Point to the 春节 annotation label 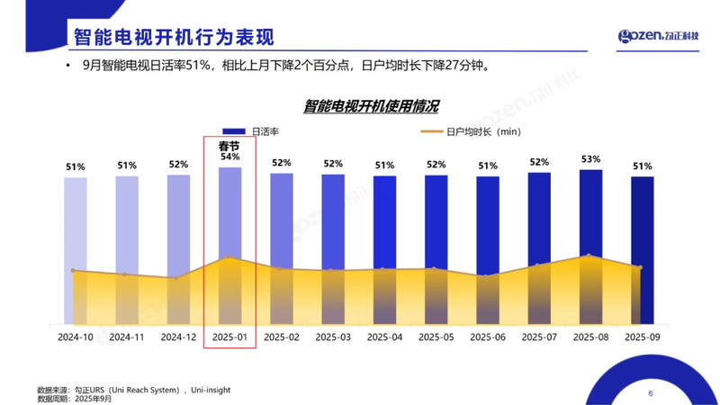pyautogui.click(x=229, y=144)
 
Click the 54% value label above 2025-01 pyautogui.click(x=229, y=157)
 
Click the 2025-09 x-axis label pyautogui.click(x=642, y=337)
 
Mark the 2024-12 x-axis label pyautogui.click(x=178, y=337)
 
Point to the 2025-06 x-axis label pyautogui.click(x=488, y=337)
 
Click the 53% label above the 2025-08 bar pyautogui.click(x=590, y=159)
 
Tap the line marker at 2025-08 pyautogui.click(x=589, y=256)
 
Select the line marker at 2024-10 pyautogui.click(x=73, y=270)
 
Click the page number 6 pyautogui.click(x=651, y=393)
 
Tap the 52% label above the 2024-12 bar pyautogui.click(x=178, y=165)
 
